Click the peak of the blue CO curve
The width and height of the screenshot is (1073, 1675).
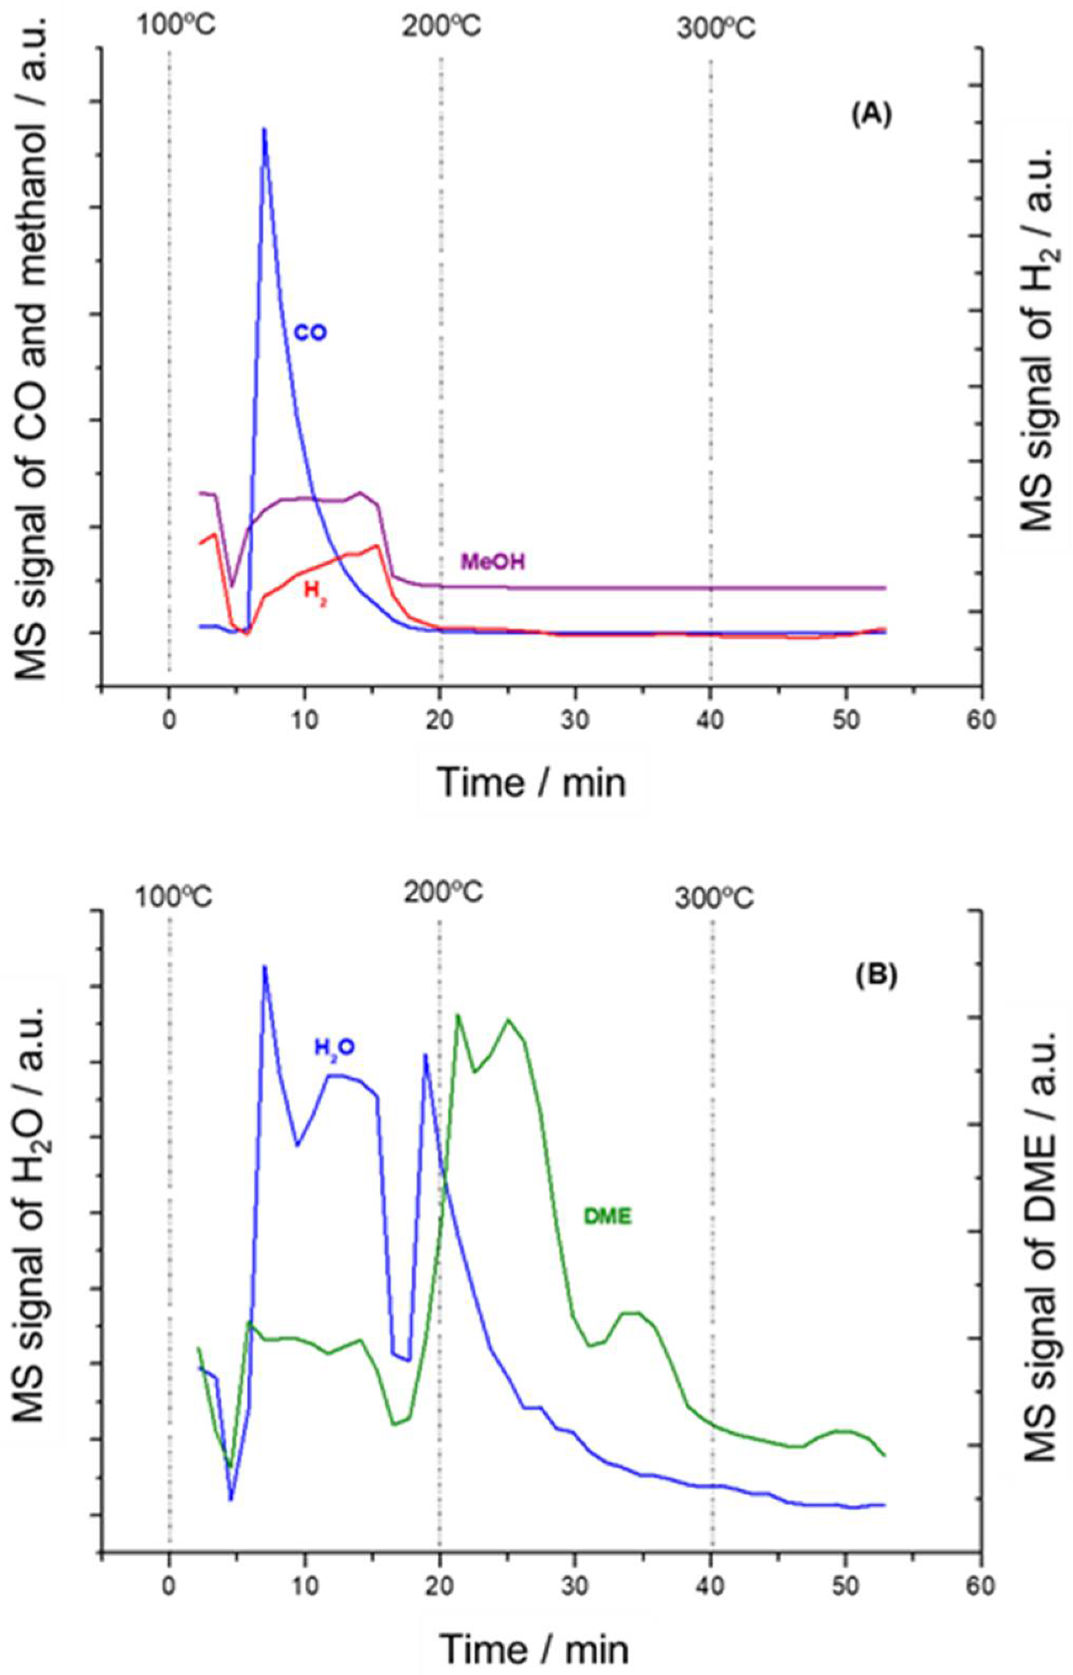tap(264, 130)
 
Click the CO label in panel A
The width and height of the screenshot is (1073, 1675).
tap(309, 333)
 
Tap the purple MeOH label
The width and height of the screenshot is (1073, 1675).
tap(493, 562)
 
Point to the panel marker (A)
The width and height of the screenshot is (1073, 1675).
tap(871, 114)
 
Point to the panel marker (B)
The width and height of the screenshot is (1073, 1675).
tap(876, 976)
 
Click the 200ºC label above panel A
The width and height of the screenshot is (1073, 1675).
tap(442, 27)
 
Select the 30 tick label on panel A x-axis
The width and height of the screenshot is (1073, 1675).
tap(575, 719)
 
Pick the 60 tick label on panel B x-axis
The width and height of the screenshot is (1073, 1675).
tap(980, 1586)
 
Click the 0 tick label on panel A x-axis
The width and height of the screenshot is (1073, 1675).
tap(169, 719)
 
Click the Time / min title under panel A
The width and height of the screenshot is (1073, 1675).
tap(532, 782)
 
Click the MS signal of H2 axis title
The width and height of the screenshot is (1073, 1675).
tap(1039, 339)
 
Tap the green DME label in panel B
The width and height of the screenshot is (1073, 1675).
tap(607, 1217)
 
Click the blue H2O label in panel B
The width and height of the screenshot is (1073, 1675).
tap(334, 1047)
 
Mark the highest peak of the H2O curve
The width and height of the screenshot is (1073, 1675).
tap(264, 967)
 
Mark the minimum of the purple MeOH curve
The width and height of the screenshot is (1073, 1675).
tap(232, 585)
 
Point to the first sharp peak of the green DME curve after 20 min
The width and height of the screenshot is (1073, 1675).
tap(458, 1015)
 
